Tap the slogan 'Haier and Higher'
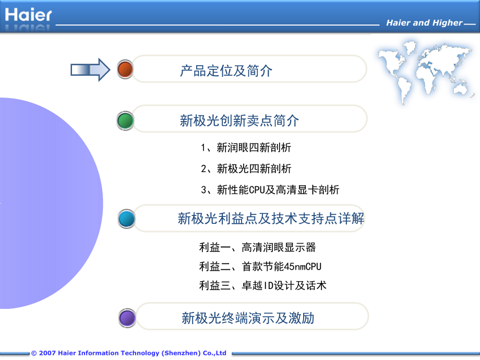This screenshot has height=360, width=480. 424,23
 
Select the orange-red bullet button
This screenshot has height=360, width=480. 125,69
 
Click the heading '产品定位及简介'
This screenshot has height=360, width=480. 226,70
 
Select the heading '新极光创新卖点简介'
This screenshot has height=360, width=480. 239,121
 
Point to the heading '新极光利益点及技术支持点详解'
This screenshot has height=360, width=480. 271,219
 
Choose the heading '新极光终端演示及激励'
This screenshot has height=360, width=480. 248,318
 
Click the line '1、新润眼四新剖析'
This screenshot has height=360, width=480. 246,148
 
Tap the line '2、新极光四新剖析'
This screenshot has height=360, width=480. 246,169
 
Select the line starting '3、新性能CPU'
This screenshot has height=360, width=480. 270,190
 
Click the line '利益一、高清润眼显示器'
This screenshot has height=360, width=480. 258,247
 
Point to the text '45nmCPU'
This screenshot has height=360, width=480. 304,267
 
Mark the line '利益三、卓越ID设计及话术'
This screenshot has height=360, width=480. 262,285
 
